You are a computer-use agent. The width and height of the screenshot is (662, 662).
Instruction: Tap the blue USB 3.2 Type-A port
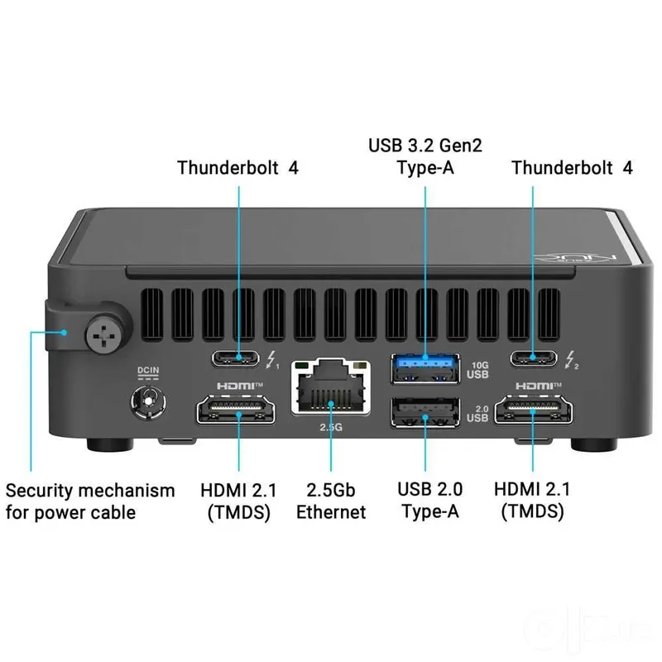pos(425,368)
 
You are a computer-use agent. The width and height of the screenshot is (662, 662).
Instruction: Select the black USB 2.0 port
pos(425,412)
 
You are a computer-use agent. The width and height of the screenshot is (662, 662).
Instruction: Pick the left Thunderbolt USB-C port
pos(236,358)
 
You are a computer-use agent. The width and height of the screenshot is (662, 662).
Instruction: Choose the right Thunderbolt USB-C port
pos(534,358)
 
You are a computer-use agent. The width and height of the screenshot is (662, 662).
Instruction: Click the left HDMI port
pos(236,409)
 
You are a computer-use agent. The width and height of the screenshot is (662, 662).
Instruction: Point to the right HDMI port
pos(534,409)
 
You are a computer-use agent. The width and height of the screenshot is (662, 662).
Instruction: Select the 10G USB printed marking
pos(478,370)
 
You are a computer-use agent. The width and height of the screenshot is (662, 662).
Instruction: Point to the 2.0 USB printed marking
pos(478,414)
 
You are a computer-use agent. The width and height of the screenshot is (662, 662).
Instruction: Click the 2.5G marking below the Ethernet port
pos(331,427)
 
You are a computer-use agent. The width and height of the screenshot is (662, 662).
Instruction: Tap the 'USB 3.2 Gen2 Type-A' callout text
pos(425,156)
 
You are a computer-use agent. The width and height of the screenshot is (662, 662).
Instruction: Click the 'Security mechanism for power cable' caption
pos(90,501)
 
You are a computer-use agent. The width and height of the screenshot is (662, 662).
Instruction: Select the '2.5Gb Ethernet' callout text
pos(331,501)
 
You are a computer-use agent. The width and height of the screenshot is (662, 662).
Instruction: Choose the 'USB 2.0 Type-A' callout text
pos(429,501)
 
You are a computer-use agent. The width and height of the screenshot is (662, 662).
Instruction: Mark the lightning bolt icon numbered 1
pos(272,360)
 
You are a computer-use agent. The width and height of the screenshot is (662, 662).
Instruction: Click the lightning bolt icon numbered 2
pos(571,360)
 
